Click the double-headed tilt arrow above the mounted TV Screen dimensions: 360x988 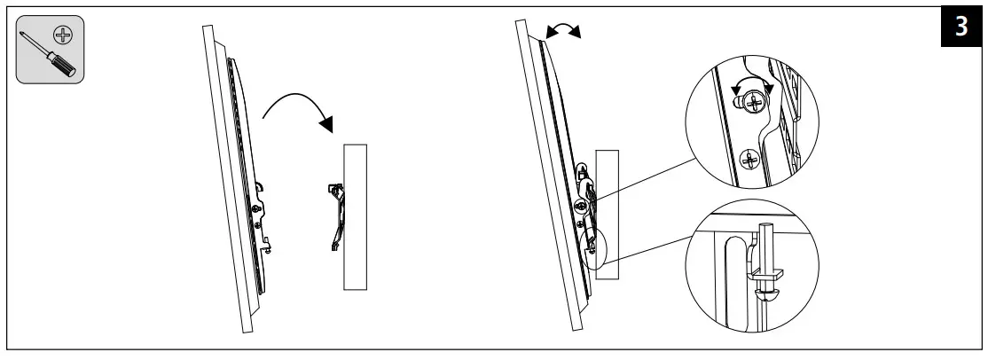pos(563,30)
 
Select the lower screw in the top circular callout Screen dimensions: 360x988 pos(749,160)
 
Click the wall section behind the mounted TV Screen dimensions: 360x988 pos(608,213)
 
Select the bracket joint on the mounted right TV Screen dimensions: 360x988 pos(585,191)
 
